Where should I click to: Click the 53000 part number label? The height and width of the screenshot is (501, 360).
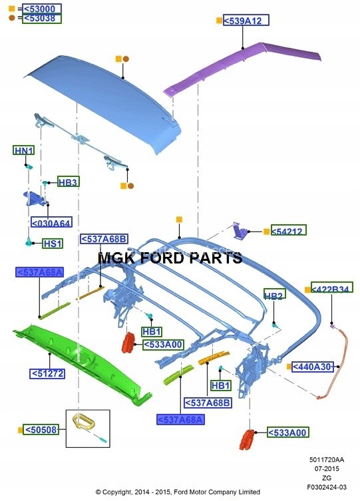[42, 9]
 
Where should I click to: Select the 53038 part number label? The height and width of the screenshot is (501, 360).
[42, 19]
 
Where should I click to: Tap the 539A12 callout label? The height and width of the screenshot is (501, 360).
[246, 21]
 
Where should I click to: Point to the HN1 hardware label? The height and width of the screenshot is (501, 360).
[24, 150]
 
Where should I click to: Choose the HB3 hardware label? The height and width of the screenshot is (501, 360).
[69, 182]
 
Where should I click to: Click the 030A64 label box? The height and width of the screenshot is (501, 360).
[51, 222]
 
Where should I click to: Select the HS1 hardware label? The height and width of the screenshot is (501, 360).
[53, 244]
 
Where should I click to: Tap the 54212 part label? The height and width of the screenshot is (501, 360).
[289, 230]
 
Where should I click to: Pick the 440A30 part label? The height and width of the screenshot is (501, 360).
[313, 367]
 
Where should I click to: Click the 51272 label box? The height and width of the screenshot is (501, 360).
[47, 373]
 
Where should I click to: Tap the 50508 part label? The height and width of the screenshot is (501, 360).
[41, 430]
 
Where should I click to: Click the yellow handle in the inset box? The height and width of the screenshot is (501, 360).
[84, 422]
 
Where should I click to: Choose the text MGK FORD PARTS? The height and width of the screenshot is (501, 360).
[170, 257]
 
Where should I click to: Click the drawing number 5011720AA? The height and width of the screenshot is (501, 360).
[327, 460]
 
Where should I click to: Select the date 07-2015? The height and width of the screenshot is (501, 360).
[327, 468]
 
